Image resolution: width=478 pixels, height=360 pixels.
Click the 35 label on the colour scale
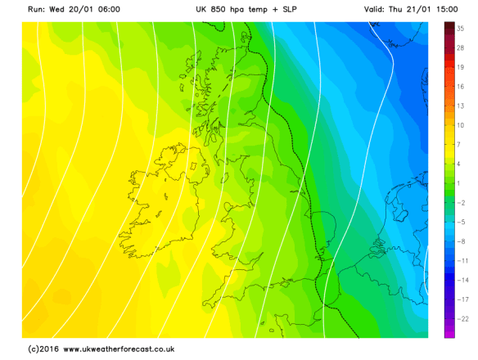pos(461,29)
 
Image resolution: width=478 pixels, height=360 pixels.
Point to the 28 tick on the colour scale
pos(461,48)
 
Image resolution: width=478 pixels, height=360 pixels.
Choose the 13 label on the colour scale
pos(461,106)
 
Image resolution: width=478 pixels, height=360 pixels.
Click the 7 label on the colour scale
pos(461,144)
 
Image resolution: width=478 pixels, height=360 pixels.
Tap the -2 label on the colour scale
pos(461,202)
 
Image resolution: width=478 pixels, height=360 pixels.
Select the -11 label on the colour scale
pos(461,260)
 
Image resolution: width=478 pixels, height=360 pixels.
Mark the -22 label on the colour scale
pos(461,317)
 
